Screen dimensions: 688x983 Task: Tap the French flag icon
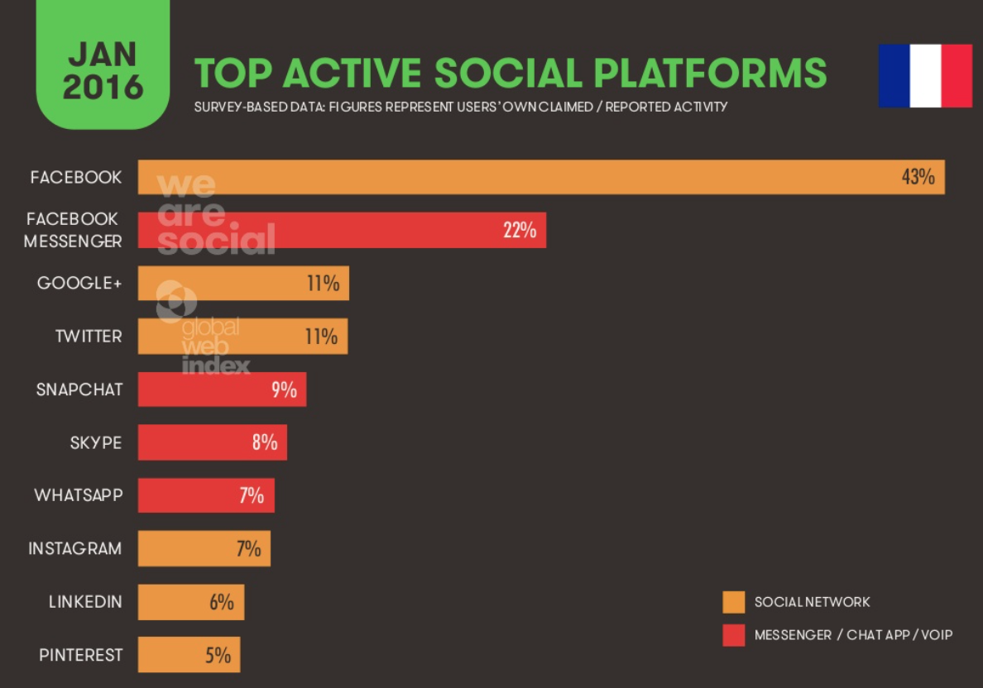point(925,75)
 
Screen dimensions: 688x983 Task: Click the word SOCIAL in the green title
point(508,74)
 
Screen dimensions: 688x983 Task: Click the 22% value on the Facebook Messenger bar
point(520,230)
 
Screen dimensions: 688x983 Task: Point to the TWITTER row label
point(89,336)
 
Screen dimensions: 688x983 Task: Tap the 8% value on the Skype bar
point(265,442)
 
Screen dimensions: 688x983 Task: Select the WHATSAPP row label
point(79,495)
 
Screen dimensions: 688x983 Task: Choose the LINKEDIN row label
point(85,601)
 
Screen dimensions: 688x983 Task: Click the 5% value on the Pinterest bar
point(218,655)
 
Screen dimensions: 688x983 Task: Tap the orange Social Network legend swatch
point(733,602)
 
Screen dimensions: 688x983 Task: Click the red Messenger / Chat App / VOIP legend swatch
point(733,635)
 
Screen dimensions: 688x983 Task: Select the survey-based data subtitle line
point(460,107)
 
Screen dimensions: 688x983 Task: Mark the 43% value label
point(918,177)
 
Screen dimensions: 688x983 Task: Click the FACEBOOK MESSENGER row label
point(73,230)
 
